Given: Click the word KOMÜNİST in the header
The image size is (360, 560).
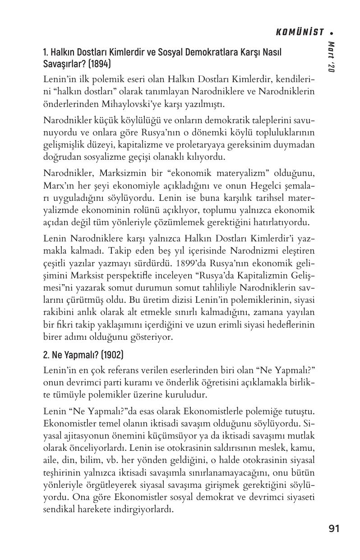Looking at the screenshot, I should tap(300, 32).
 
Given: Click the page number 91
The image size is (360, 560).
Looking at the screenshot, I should tap(334, 529).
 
